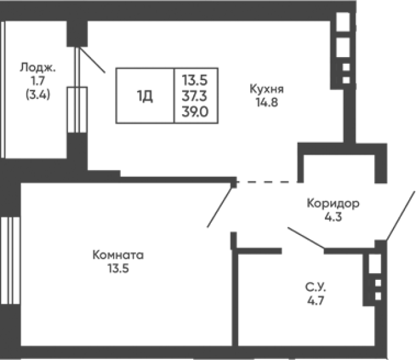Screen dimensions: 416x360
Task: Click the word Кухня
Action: coord(267,89)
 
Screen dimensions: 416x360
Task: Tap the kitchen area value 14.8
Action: coord(267,102)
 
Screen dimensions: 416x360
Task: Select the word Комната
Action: coord(118,255)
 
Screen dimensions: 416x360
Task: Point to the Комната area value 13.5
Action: coord(118,268)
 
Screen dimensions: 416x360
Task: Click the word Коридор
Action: coord(333,204)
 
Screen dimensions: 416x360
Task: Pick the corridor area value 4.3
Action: coord(333,217)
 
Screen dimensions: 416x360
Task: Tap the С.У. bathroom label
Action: coord(316,287)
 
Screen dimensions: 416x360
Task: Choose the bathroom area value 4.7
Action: coord(316,301)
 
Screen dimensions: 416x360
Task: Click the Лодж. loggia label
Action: coord(38,67)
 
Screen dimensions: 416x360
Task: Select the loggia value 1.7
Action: coord(38,81)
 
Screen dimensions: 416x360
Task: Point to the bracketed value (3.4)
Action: coord(38,95)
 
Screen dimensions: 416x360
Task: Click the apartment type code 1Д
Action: coord(145,96)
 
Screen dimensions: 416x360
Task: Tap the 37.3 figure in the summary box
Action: coord(194,96)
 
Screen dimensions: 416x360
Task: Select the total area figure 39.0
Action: coord(196,112)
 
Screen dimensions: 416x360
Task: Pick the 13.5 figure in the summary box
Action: coord(194,80)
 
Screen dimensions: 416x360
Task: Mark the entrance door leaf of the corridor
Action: coord(400,216)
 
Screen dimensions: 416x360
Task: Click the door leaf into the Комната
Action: coord(220,207)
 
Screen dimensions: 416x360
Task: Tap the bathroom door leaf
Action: coord(306,238)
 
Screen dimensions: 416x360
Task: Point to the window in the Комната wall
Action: coord(10,260)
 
